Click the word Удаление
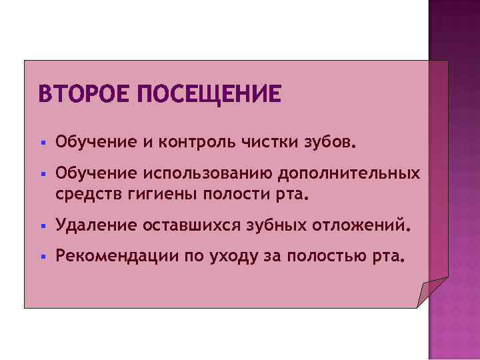point(95,227)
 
